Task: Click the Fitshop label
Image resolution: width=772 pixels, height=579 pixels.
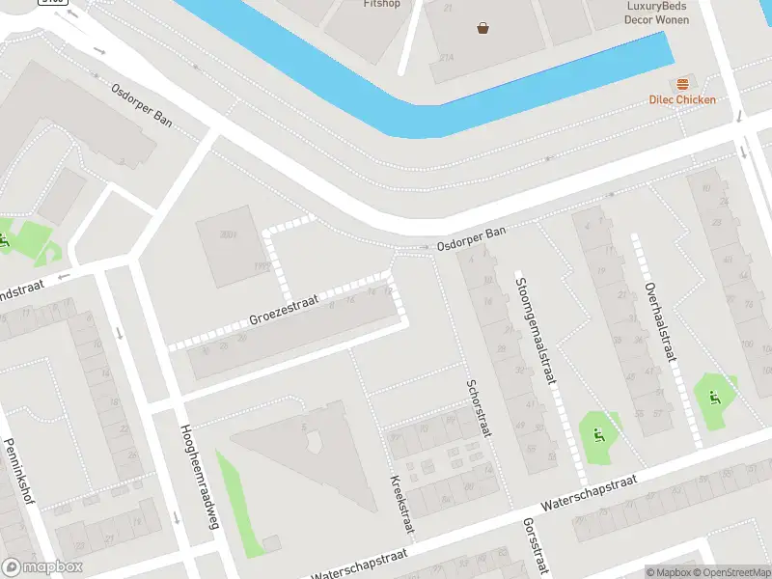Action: point(382,4)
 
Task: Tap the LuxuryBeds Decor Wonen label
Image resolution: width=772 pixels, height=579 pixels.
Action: point(657,11)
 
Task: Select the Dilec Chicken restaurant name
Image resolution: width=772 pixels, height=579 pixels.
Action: point(682,99)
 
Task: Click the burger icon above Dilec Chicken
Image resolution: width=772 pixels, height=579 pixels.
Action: point(682,84)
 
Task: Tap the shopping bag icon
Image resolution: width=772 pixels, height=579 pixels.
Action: point(482,28)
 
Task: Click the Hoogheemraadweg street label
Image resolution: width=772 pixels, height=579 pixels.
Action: point(194,477)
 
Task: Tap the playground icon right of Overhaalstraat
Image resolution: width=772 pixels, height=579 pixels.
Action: point(715,396)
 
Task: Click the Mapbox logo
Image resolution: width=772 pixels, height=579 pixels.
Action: point(42,567)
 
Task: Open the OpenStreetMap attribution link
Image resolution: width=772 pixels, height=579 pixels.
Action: point(732,572)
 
